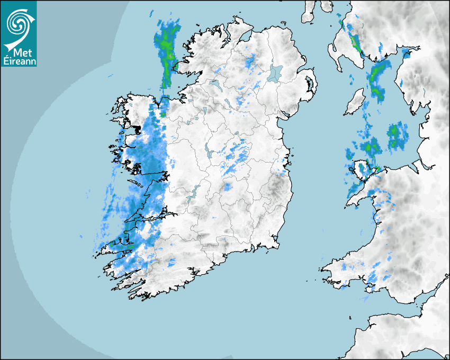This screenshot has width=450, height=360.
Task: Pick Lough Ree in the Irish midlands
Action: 208,152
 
